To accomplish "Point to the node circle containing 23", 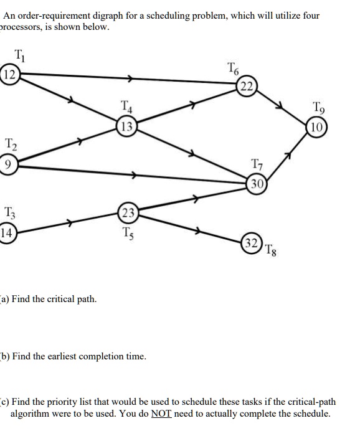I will pos(127,212).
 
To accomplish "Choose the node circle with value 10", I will pos(317,129).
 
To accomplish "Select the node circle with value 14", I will pos(7,234).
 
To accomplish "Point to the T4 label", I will pos(126,107).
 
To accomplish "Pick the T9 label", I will pos(317,107).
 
